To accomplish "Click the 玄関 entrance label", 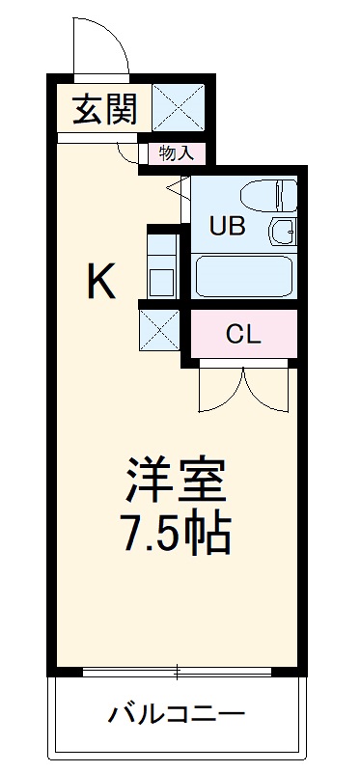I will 101,109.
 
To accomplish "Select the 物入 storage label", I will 175,152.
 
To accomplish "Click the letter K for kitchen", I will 101,282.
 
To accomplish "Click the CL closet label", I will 242,334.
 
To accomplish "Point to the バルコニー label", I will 177,715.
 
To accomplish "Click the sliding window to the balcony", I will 178,670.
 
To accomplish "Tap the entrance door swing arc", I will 100,48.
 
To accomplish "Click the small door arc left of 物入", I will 126,152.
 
